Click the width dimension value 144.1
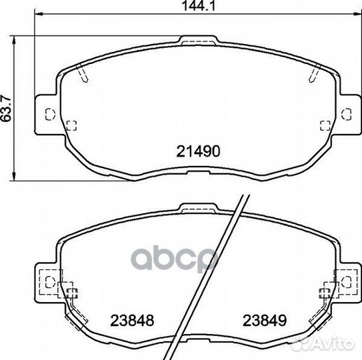click(x=198, y=6)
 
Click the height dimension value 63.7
click(x=6, y=108)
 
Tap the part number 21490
click(x=198, y=151)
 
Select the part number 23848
click(x=132, y=321)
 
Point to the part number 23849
click(x=265, y=321)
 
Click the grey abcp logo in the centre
click(x=175, y=258)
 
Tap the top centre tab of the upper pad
click(x=199, y=40)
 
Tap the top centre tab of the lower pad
click(x=199, y=208)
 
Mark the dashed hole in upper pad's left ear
click(x=50, y=114)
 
